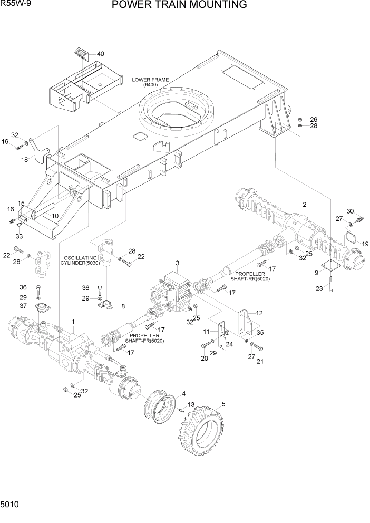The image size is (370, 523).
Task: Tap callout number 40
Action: tap(101, 54)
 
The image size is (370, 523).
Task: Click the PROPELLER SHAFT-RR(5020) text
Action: tap(252, 277)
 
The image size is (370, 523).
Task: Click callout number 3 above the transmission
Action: tap(178, 263)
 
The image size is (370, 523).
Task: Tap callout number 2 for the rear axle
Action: tap(304, 204)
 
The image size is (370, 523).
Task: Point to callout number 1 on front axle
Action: tap(73, 322)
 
